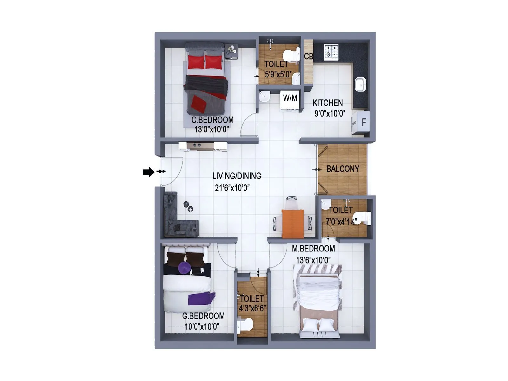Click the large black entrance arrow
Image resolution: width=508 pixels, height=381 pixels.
click(x=148, y=172)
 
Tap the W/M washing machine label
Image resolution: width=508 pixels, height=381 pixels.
click(x=290, y=98)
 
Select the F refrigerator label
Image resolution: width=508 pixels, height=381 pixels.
click(x=364, y=122)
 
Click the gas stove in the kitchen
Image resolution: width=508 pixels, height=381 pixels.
click(x=331, y=52)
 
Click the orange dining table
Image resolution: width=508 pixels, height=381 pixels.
click(x=292, y=223)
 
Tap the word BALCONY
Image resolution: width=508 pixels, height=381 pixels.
click(x=343, y=169)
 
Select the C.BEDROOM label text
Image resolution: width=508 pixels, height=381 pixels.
click(x=212, y=120)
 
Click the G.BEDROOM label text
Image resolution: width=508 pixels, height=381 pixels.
click(x=203, y=316)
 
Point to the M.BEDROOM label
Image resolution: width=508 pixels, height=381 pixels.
click(x=313, y=249)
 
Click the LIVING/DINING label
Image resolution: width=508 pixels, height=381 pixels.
click(x=237, y=176)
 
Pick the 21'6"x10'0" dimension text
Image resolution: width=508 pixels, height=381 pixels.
click(x=232, y=188)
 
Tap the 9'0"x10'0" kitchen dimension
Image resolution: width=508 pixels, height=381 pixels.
click(x=330, y=113)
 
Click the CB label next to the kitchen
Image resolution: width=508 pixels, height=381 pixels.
click(x=308, y=57)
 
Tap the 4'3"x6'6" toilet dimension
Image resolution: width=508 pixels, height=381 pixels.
click(x=252, y=308)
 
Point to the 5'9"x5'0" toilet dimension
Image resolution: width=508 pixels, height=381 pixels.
click(x=278, y=75)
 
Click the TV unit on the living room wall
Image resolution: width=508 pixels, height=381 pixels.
click(x=203, y=146)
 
